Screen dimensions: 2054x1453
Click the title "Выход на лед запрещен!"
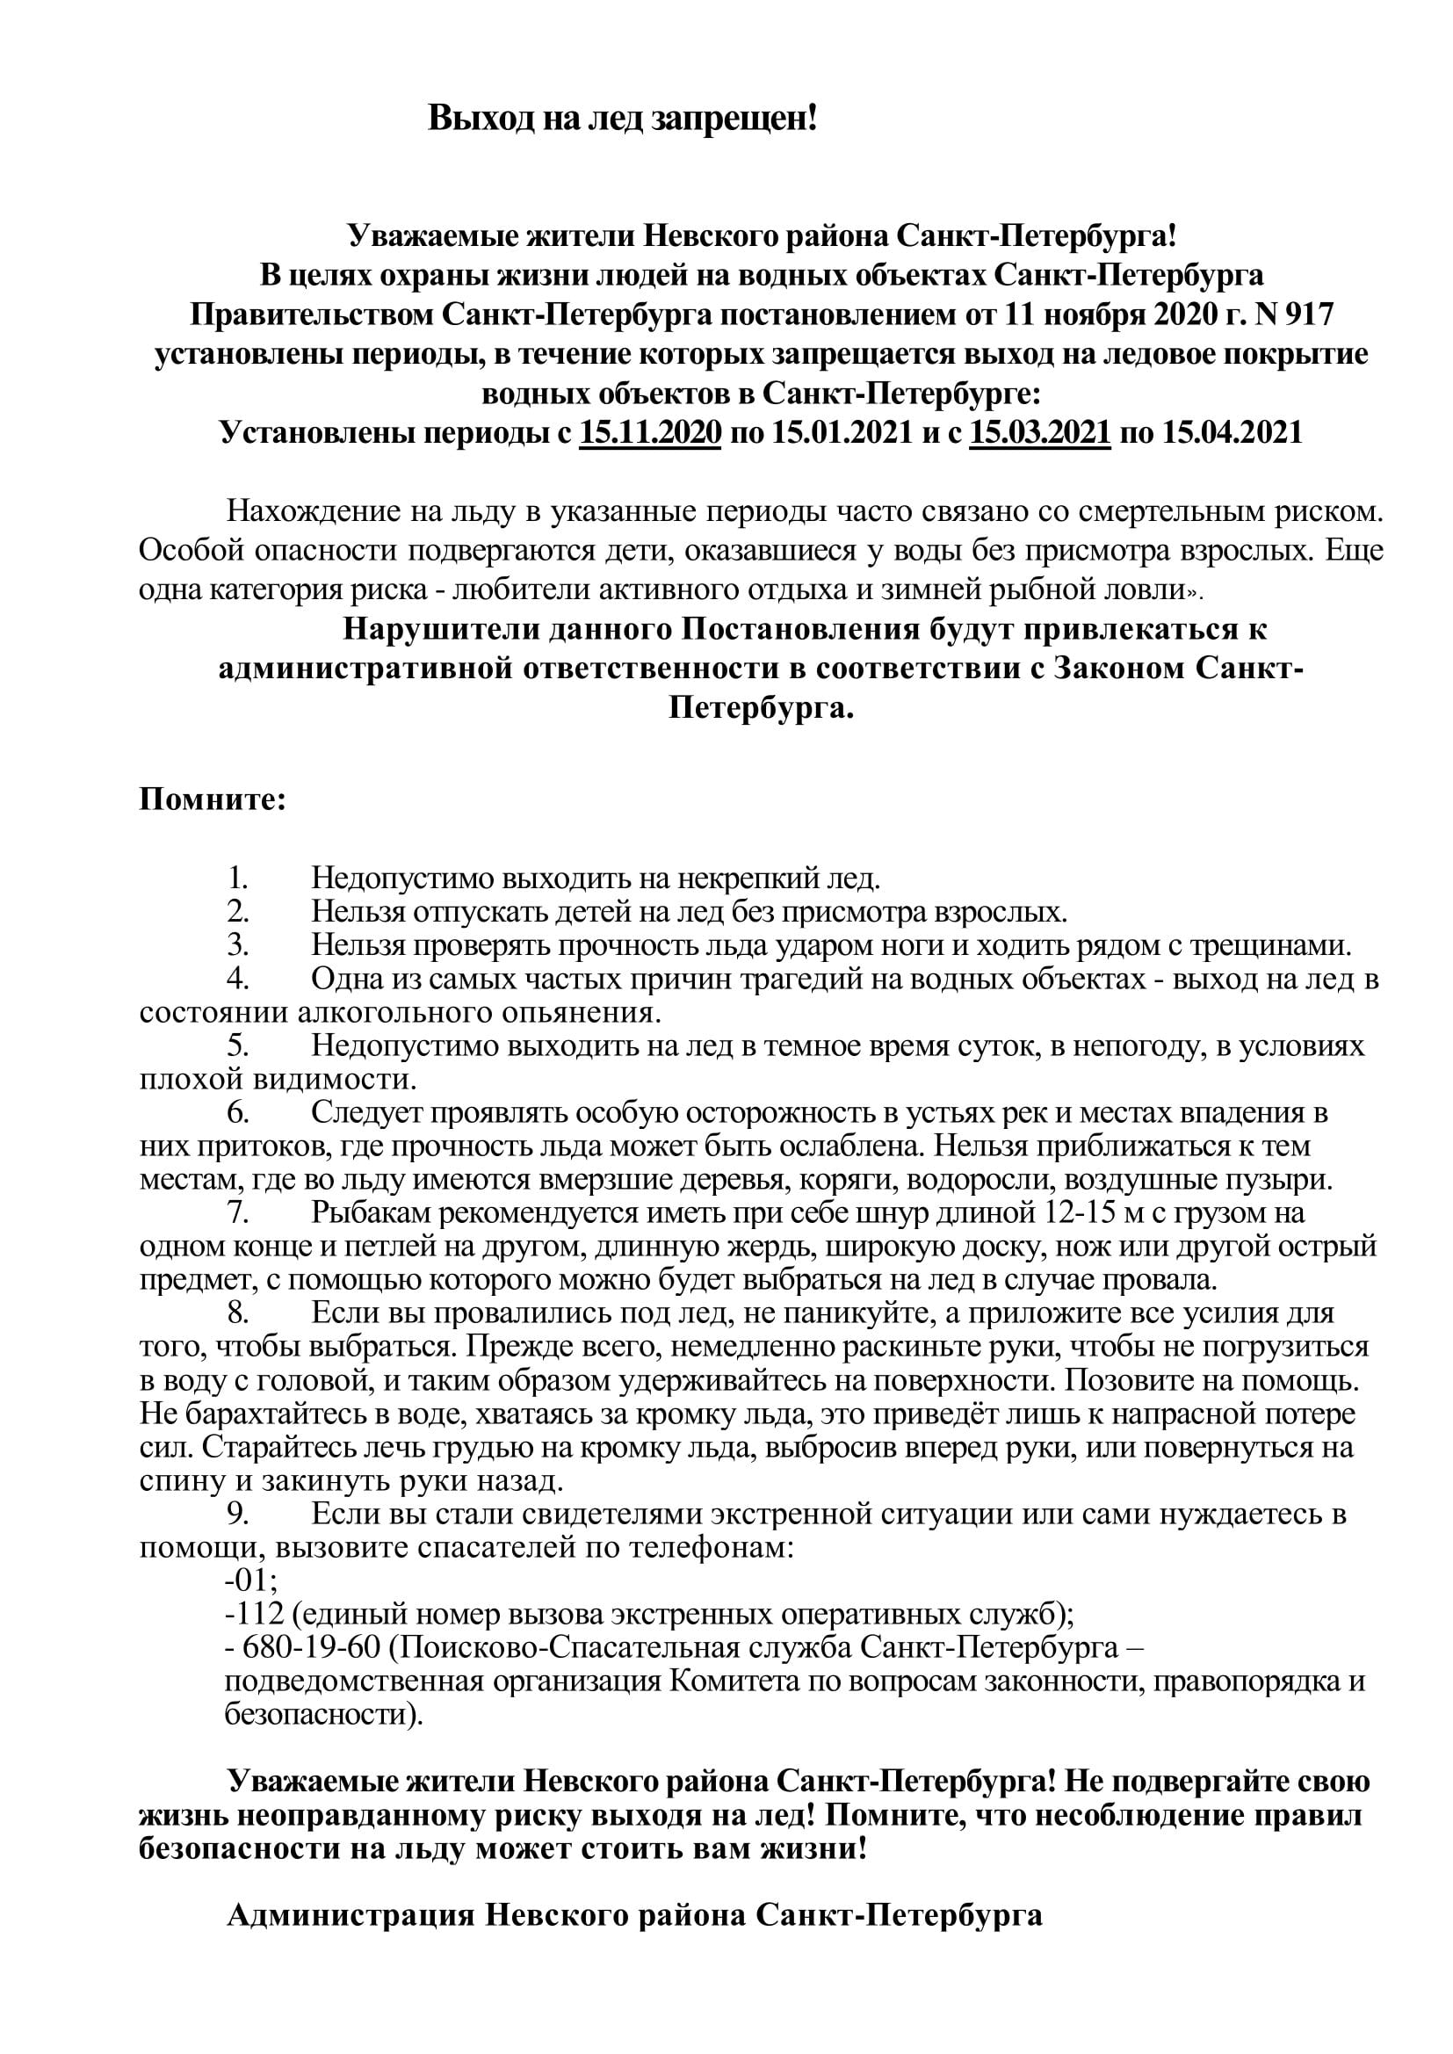point(623,118)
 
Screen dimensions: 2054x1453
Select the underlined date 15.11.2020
point(650,433)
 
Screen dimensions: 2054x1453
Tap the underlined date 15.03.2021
point(1039,433)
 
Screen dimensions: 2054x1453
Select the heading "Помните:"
point(212,799)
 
